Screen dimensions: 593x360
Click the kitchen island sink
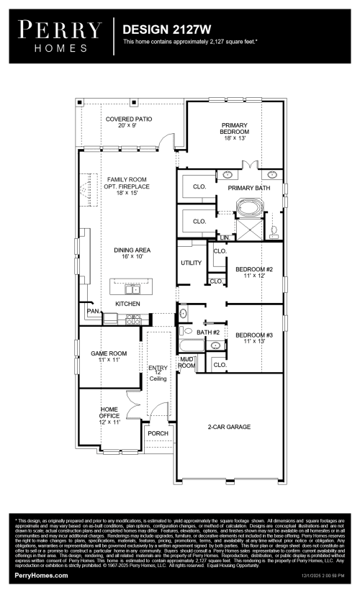(132, 289)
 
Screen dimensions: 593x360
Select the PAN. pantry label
(92, 311)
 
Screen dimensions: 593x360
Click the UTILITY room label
(191, 263)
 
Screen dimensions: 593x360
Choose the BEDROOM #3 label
(254, 336)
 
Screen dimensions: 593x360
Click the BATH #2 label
(208, 332)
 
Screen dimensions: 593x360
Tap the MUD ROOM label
(187, 362)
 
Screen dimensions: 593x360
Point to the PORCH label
(158, 433)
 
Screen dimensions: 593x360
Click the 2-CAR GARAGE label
(230, 427)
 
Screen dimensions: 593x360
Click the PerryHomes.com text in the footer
(42, 576)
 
